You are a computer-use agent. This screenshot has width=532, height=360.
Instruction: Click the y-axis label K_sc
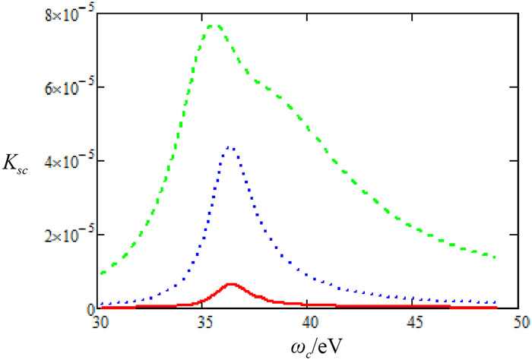point(16,166)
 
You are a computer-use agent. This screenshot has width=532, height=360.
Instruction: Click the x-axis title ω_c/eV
point(315,348)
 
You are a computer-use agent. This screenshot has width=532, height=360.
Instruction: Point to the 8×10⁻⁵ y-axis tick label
point(70,17)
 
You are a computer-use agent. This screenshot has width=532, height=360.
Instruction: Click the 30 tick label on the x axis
point(100,322)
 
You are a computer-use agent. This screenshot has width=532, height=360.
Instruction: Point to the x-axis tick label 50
point(521,322)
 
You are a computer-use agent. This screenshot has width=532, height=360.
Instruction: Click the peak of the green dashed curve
point(213,26)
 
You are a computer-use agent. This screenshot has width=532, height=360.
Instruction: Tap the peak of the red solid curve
point(232,284)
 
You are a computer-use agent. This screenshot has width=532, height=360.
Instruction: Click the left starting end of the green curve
point(102,273)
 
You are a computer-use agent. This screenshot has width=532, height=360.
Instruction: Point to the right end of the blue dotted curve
point(496,302)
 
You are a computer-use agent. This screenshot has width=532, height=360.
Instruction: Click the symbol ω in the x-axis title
point(297,347)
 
